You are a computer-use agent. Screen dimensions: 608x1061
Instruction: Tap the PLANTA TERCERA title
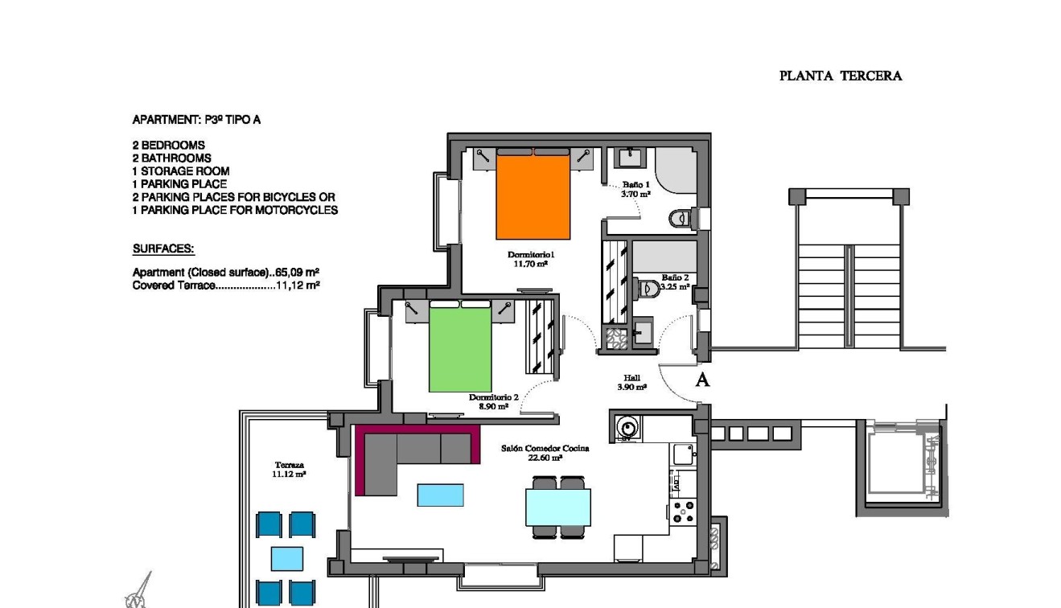(x=841, y=76)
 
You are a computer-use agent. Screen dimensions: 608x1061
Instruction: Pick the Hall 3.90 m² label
(x=632, y=383)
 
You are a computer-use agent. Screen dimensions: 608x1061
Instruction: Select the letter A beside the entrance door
(x=702, y=380)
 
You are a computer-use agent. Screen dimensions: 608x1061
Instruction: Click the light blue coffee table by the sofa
(x=440, y=495)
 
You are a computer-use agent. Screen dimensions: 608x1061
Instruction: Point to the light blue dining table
(x=558, y=507)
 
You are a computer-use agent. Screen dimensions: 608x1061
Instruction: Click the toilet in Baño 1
(x=680, y=216)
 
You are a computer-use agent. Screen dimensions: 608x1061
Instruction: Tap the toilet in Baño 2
(x=648, y=286)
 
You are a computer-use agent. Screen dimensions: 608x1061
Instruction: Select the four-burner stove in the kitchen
(x=684, y=511)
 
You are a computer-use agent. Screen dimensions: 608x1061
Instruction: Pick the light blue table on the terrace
(x=286, y=558)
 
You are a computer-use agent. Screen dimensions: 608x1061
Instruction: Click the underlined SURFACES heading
(x=163, y=249)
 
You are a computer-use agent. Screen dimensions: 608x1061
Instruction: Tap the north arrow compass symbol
(x=139, y=590)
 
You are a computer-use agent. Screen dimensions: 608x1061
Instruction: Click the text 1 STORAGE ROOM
(x=181, y=171)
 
